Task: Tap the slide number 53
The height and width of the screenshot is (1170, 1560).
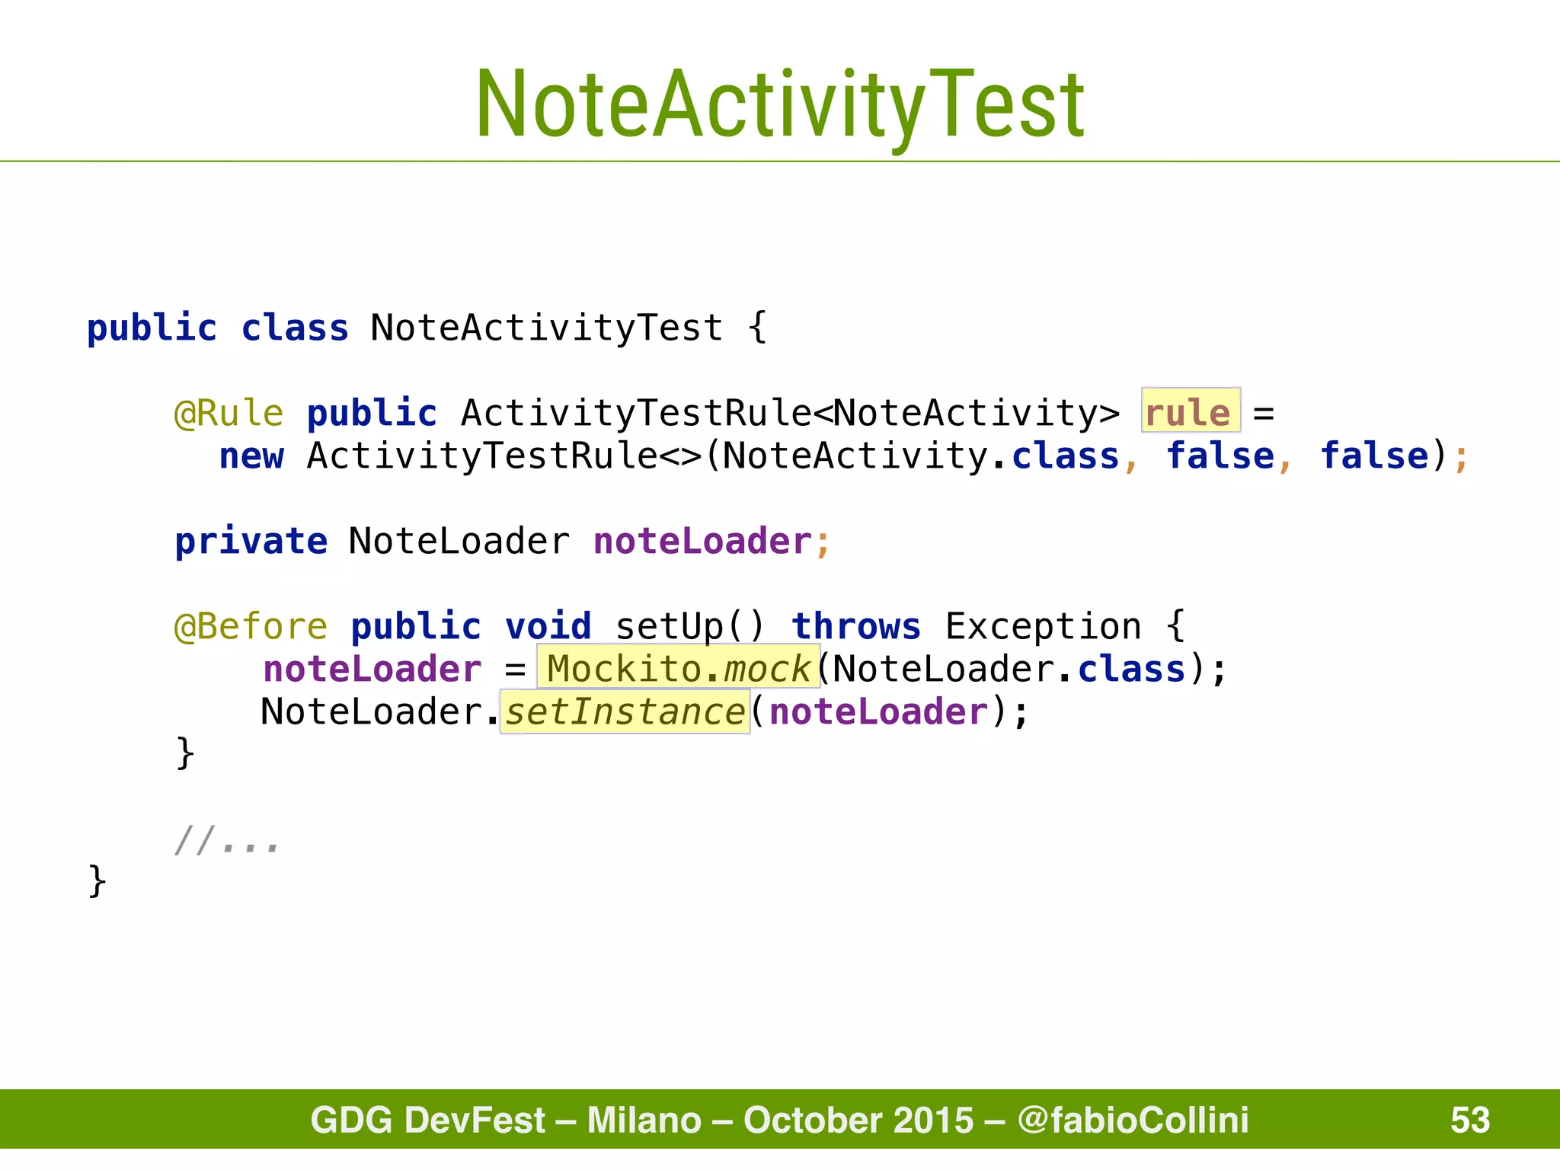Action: point(1469,1120)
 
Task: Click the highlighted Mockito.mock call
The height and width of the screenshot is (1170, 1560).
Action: point(678,668)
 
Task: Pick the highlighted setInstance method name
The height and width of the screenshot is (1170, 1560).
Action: point(625,711)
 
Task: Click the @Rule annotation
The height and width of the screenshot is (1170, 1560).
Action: point(229,413)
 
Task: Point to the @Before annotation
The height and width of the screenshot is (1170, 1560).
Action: point(251,626)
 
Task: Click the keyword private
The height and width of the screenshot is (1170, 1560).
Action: point(251,541)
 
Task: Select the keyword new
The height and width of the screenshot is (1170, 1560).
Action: point(251,456)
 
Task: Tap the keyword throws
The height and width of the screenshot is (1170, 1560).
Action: point(855,626)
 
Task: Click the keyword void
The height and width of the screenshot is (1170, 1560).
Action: point(548,626)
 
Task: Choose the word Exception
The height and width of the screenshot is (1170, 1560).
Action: point(1043,626)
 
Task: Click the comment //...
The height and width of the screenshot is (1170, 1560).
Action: point(226,840)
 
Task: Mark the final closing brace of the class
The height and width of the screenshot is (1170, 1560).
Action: point(97,881)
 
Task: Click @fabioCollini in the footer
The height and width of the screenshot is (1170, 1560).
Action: point(1133,1120)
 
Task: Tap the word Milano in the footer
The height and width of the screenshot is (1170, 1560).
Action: point(644,1120)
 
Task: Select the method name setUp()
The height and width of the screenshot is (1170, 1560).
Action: point(689,626)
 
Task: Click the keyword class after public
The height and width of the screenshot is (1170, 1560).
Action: point(295,328)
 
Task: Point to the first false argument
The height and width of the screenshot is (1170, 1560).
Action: point(1220,456)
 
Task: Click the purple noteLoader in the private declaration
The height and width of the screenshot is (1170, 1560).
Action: point(702,541)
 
